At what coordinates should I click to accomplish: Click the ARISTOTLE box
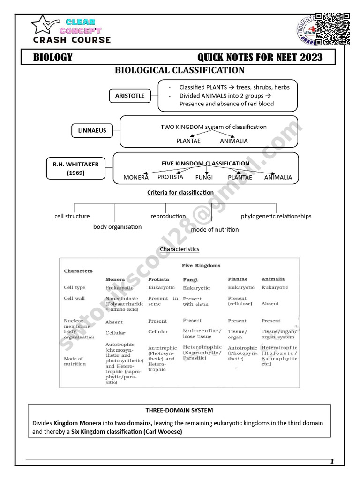coord(130,96)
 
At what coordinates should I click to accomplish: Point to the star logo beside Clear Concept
coord(45,27)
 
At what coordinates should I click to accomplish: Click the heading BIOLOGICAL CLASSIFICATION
coord(180,70)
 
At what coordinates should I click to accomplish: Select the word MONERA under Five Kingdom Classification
coord(136,177)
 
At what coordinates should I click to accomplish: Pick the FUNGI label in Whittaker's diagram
coord(204,177)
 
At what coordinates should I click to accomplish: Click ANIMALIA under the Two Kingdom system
coord(234,141)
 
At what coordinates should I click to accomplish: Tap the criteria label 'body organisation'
coord(117,227)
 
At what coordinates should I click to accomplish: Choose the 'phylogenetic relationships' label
coord(276,216)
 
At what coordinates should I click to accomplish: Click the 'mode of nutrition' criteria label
coord(215,229)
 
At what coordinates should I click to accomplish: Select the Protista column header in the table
coord(158,279)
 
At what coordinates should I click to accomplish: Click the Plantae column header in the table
coord(238,279)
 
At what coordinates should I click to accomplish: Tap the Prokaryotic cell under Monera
coord(120,288)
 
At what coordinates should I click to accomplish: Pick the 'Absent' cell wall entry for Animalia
coord(270,304)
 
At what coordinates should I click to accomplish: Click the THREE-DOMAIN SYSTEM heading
coord(179,411)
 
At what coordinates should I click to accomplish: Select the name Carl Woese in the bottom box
coord(164,431)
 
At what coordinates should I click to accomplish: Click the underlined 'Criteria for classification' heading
coord(180,192)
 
